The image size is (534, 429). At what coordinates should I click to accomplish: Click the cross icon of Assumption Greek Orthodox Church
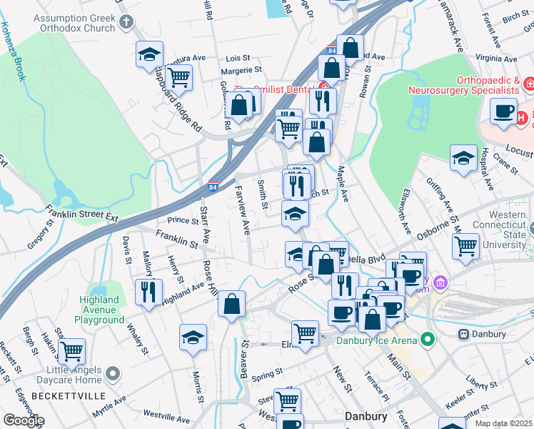127,21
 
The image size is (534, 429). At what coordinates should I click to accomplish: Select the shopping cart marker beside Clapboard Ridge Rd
178,78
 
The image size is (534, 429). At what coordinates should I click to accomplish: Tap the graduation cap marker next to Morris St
193,338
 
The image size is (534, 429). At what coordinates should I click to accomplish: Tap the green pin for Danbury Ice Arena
428,338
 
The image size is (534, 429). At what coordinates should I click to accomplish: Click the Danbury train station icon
463,334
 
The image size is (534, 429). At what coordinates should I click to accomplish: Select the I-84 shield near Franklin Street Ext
213,187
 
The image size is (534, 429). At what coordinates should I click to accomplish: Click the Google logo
24,420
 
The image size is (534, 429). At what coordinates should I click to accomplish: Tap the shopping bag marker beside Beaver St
232,305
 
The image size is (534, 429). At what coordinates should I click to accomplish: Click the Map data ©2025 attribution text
503,423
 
